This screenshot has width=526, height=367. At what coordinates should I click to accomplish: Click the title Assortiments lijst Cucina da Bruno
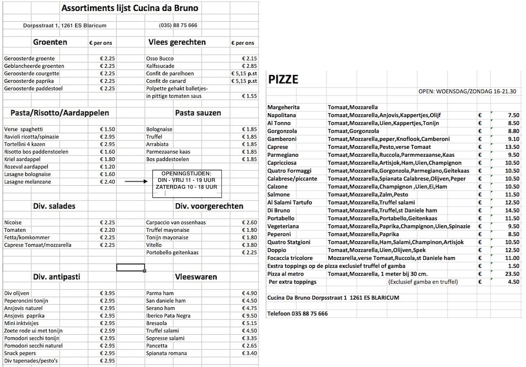130,8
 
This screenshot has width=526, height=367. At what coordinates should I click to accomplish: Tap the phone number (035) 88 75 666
178,25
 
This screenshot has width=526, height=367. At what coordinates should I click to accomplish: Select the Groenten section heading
50,42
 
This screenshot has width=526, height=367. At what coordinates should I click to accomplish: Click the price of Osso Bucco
249,59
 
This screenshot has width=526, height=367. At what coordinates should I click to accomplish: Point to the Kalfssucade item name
160,66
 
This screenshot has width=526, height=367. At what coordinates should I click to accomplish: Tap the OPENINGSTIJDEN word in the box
186,174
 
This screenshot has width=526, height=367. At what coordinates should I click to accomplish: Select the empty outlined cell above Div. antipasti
130,267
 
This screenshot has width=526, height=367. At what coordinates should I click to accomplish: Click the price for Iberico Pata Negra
249,315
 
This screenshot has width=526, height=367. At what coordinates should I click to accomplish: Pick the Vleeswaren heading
196,277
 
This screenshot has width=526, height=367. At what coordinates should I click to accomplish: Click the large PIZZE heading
283,80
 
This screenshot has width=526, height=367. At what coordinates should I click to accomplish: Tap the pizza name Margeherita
283,107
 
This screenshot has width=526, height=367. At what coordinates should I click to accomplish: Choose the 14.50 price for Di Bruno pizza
512,210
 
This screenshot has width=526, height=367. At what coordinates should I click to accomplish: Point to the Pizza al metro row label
285,274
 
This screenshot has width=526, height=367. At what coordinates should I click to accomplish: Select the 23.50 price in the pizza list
512,274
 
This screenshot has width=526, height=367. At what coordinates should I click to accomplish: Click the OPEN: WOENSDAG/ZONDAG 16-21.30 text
467,91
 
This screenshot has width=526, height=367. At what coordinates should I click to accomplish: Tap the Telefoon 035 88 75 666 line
297,313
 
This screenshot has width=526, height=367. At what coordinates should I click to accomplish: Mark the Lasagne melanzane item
28,182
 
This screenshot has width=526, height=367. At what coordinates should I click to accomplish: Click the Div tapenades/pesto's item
31,361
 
